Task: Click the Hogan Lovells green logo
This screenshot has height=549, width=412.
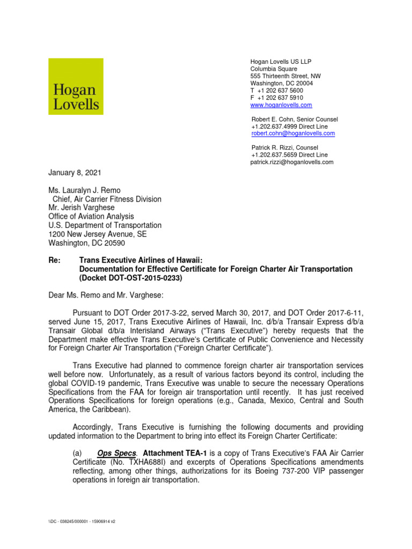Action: tap(76, 86)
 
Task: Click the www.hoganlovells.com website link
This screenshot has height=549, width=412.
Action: tap(281, 106)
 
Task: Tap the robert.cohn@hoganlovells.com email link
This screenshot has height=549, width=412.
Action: tap(293, 133)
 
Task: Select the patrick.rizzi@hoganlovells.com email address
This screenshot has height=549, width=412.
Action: tap(292, 162)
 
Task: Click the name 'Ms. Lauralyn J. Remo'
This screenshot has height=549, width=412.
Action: tap(85, 190)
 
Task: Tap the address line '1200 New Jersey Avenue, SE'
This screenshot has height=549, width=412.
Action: tap(97, 234)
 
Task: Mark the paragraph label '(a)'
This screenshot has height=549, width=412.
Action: tap(79, 452)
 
